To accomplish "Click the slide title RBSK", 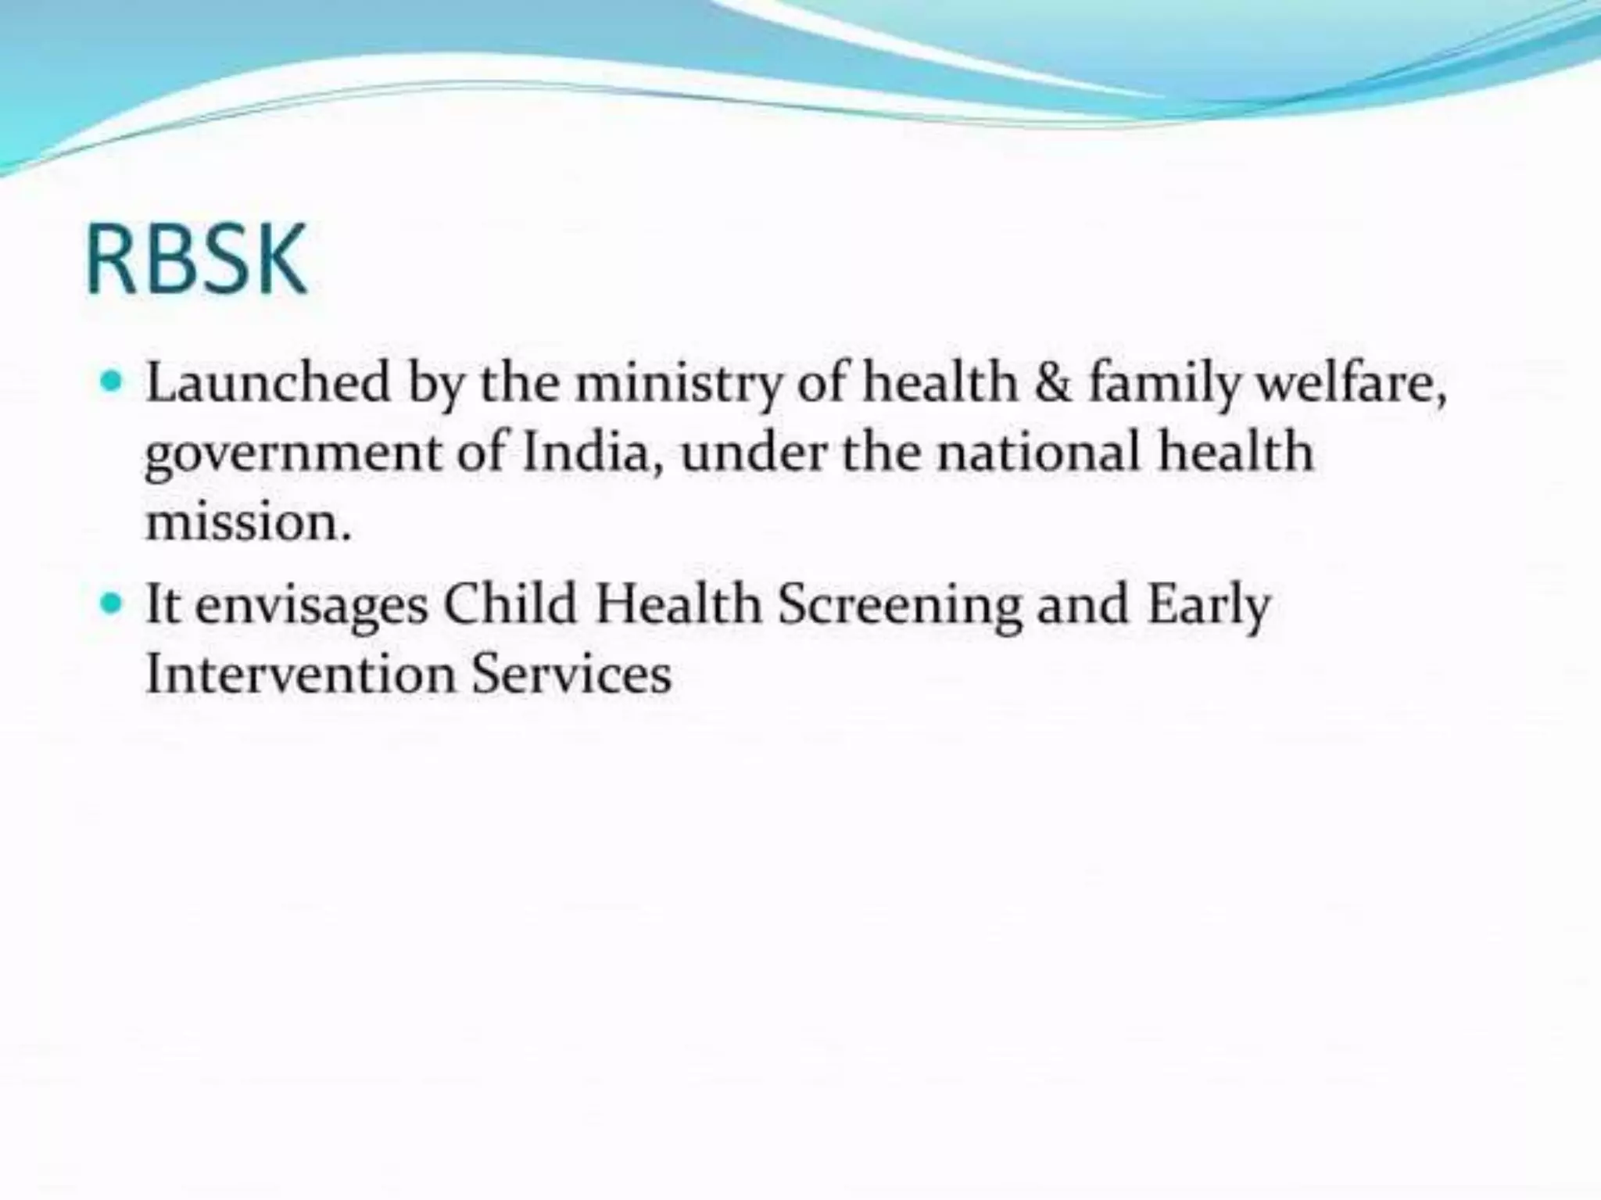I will tap(196, 259).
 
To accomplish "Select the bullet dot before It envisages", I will tap(113, 604).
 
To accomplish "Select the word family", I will tap(1165, 385).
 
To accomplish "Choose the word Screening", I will tap(900, 607).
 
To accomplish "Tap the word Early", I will tap(1209, 607).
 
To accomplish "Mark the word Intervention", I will tap(300, 673).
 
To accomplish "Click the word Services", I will tap(571, 673).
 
